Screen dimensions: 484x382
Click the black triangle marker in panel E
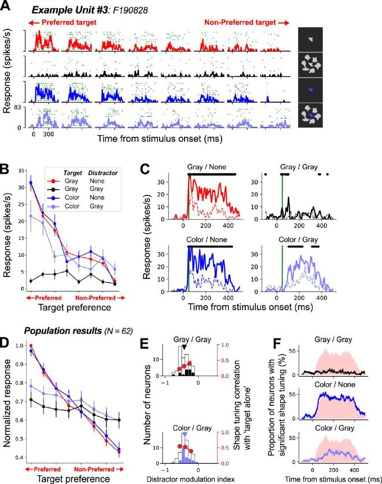[x=184, y=347]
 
